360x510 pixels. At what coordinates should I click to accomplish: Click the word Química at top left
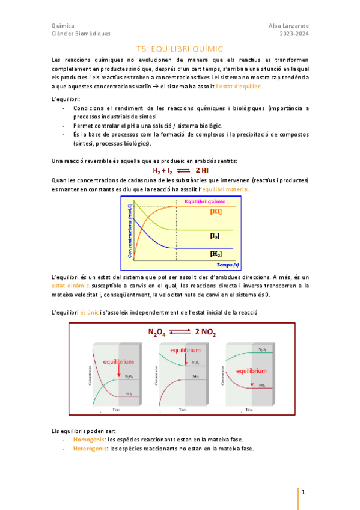(63, 26)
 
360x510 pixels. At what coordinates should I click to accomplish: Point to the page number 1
(304, 493)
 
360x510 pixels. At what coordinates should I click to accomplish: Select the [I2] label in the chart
(214, 236)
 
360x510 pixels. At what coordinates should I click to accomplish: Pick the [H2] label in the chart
(214, 254)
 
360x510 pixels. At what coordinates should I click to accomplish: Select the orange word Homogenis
(87, 440)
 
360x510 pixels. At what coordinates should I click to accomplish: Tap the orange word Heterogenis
(88, 449)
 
